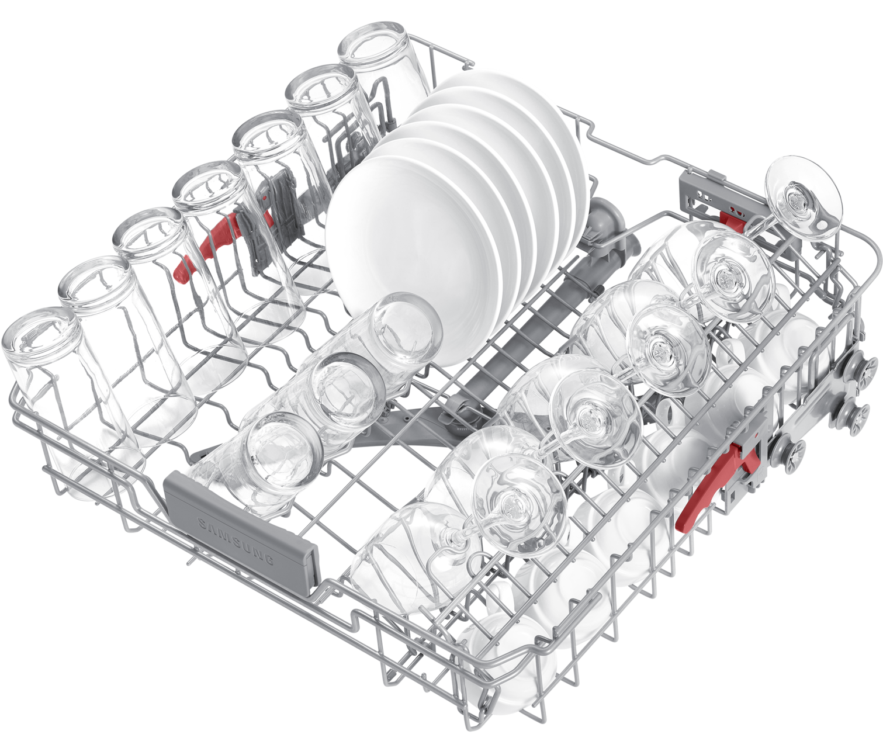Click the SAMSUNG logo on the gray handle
point(236,541)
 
